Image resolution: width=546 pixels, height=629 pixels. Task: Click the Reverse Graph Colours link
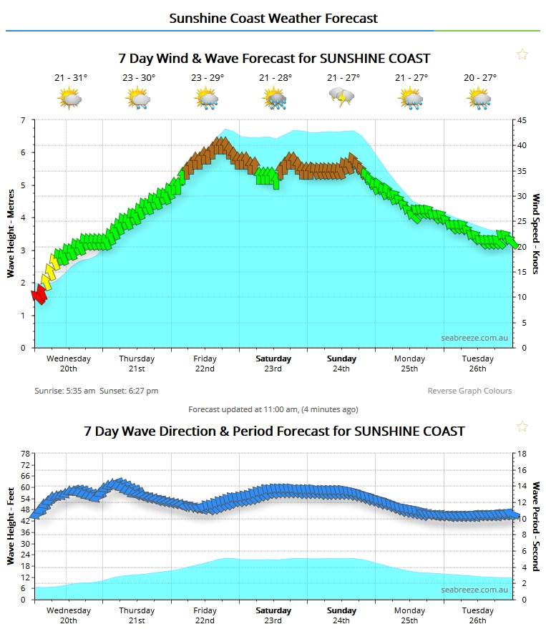469,391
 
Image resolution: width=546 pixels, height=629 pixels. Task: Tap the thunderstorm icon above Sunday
341,97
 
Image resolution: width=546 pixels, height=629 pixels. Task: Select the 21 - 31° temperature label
70,78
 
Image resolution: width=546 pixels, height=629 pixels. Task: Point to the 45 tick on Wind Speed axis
523,120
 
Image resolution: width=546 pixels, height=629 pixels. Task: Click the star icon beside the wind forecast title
522,54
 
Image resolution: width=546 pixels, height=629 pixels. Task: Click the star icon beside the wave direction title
522,427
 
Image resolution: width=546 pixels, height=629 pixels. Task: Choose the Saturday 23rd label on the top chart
273,364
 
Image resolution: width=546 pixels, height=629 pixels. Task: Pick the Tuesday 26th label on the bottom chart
477,615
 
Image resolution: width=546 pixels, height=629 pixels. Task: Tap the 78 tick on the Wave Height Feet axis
26,454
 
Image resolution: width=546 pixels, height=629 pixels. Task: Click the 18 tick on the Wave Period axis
523,454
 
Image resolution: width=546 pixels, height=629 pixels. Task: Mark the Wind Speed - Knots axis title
535,234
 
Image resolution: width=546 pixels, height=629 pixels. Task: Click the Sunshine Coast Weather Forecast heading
273,18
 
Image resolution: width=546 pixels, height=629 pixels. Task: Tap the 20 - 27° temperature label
479,78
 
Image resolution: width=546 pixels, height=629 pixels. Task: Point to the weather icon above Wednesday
70,98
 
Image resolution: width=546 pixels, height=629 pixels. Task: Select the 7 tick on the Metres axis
23,120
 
